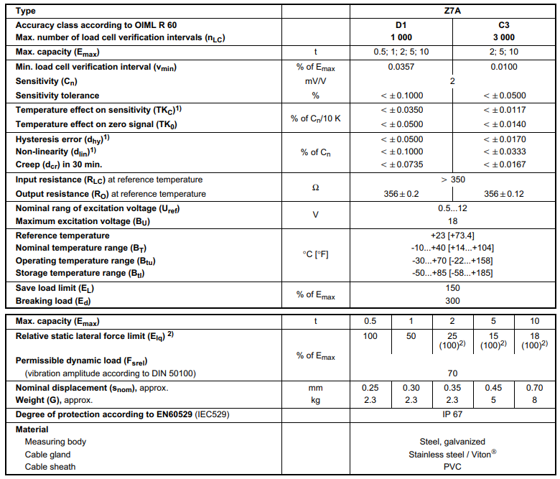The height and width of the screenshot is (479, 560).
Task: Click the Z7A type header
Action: point(452,11)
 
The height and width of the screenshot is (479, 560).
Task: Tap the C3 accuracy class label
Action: point(503,25)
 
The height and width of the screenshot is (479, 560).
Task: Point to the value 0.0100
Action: point(503,68)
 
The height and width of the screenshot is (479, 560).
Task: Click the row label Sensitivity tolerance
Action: point(57,96)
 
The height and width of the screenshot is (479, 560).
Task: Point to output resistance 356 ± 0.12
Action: point(504,194)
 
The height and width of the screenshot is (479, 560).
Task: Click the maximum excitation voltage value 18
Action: point(452,221)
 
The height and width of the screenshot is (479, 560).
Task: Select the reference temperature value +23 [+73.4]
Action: point(452,236)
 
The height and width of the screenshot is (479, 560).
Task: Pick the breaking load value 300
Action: point(452,301)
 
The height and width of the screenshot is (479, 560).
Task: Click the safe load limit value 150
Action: point(452,287)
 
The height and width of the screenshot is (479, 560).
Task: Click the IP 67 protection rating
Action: point(452,415)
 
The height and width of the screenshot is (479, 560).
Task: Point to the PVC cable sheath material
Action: point(452,467)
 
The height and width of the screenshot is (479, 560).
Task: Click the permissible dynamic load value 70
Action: point(452,373)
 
